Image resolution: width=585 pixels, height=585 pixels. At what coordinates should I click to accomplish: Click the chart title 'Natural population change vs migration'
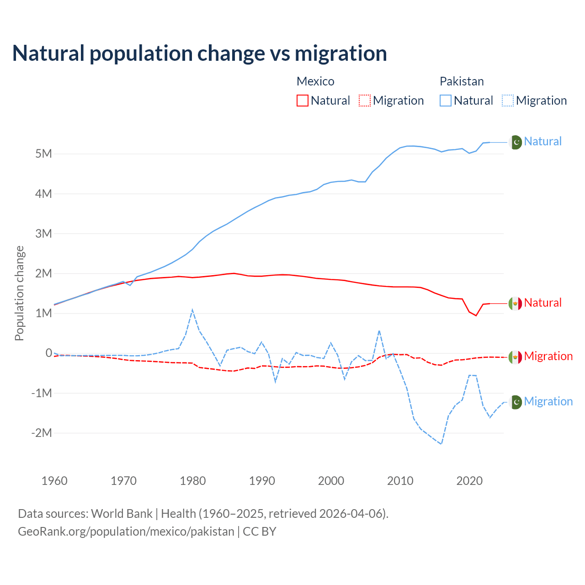click(200, 53)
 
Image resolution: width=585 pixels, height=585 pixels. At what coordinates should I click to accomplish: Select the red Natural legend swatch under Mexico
click(302, 101)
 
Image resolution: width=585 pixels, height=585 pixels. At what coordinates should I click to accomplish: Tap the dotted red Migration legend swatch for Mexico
click(365, 101)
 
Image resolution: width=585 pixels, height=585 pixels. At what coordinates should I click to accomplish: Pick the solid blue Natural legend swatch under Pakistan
click(445, 101)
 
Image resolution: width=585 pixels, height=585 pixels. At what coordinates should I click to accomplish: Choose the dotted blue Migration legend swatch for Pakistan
click(508, 101)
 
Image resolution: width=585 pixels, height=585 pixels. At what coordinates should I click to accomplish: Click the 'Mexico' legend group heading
click(315, 81)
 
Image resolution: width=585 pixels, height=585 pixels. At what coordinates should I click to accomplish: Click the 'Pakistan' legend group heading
click(462, 81)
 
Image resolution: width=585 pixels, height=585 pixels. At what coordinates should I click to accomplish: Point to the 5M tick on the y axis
click(43, 154)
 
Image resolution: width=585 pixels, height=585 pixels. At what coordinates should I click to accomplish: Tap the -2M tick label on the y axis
click(42, 433)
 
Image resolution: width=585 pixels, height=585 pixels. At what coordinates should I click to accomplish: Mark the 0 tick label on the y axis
click(48, 353)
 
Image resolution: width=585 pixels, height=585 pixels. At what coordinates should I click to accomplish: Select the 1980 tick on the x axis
click(193, 481)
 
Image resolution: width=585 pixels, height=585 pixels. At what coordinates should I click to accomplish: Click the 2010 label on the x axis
click(400, 481)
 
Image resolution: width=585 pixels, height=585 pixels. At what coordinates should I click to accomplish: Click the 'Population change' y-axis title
click(19, 293)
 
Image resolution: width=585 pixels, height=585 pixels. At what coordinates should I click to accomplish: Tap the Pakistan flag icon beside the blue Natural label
click(516, 142)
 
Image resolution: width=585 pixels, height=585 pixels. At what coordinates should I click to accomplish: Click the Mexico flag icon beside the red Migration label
click(516, 357)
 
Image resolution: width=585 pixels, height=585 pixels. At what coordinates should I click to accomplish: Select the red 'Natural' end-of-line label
click(542, 303)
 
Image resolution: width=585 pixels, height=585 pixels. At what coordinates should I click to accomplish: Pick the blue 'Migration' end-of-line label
click(548, 401)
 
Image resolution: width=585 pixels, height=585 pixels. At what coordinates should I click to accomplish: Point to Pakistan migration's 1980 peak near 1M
click(192, 310)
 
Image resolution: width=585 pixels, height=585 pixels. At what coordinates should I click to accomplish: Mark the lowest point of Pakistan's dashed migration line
click(441, 444)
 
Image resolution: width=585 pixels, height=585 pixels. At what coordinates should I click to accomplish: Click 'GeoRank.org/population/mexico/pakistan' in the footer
click(126, 532)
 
